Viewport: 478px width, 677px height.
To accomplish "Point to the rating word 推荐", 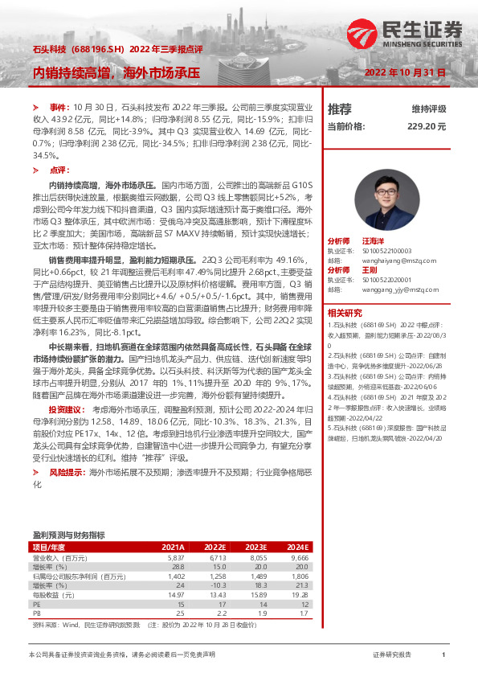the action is click(340, 109).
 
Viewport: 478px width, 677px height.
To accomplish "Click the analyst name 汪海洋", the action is click(374, 240).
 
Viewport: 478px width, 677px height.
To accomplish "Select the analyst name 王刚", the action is click(370, 269).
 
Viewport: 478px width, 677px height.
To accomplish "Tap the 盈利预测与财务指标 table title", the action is click(68, 534).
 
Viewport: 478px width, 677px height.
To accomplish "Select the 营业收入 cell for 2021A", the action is click(176, 556).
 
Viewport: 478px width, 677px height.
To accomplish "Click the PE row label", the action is click(36, 604).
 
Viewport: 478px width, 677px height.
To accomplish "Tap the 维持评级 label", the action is click(429, 109).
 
